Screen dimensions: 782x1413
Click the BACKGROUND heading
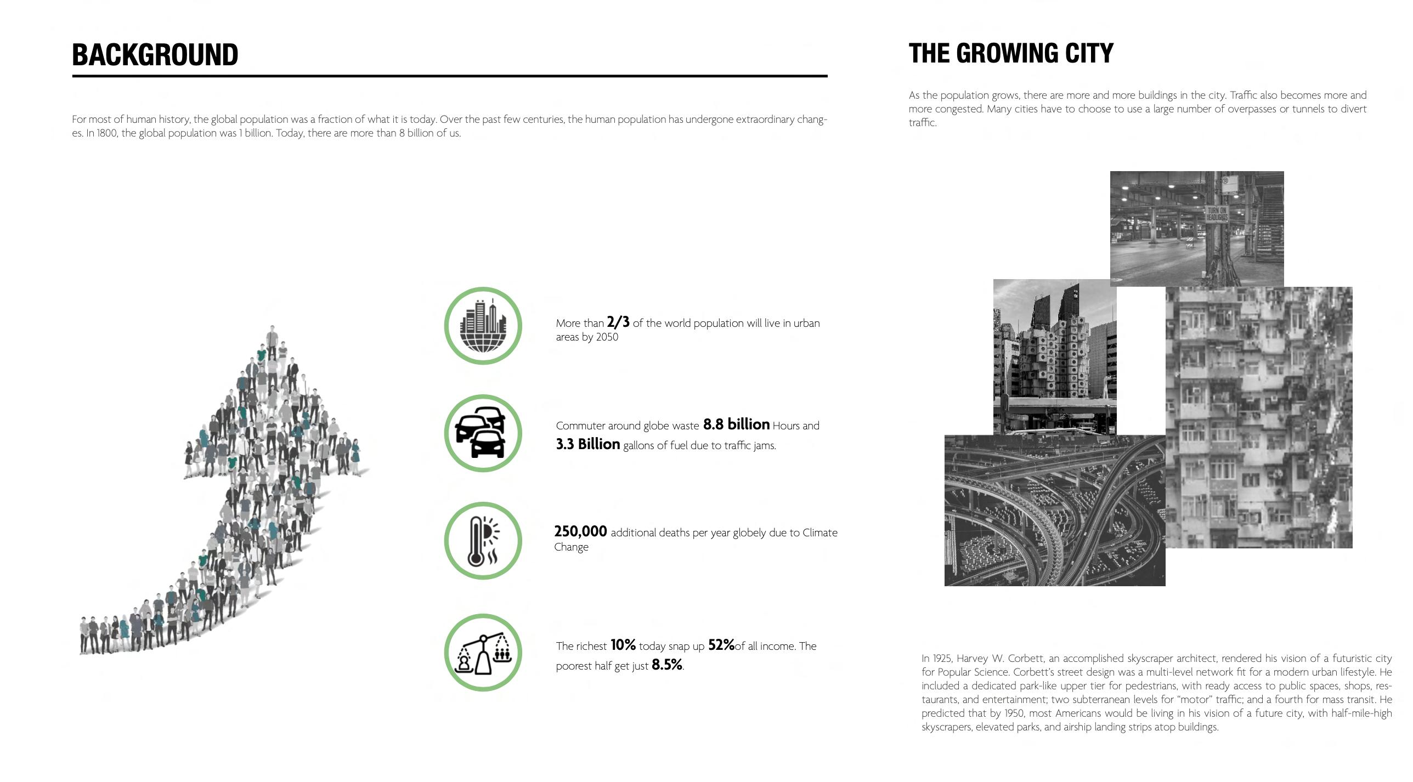click(155, 55)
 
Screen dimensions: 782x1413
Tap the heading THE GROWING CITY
click(1011, 54)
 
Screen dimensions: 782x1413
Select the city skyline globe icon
click(483, 326)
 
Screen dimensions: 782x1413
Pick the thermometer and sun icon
click(483, 541)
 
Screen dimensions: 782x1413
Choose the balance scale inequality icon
click(483, 653)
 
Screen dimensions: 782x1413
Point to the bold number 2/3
click(618, 322)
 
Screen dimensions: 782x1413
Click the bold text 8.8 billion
click(736, 424)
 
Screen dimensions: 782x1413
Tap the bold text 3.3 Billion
click(587, 444)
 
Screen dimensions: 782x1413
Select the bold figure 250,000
click(580, 531)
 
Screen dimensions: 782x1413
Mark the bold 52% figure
click(721, 645)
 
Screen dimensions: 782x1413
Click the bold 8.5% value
click(666, 665)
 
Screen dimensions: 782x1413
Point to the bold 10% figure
click(623, 645)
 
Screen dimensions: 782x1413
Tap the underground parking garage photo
click(1196, 228)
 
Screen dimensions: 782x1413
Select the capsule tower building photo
click(1054, 356)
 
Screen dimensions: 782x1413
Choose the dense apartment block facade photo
click(1259, 417)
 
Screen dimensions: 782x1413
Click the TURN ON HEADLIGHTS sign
click(1216, 214)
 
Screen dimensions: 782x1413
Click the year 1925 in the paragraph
click(941, 658)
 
